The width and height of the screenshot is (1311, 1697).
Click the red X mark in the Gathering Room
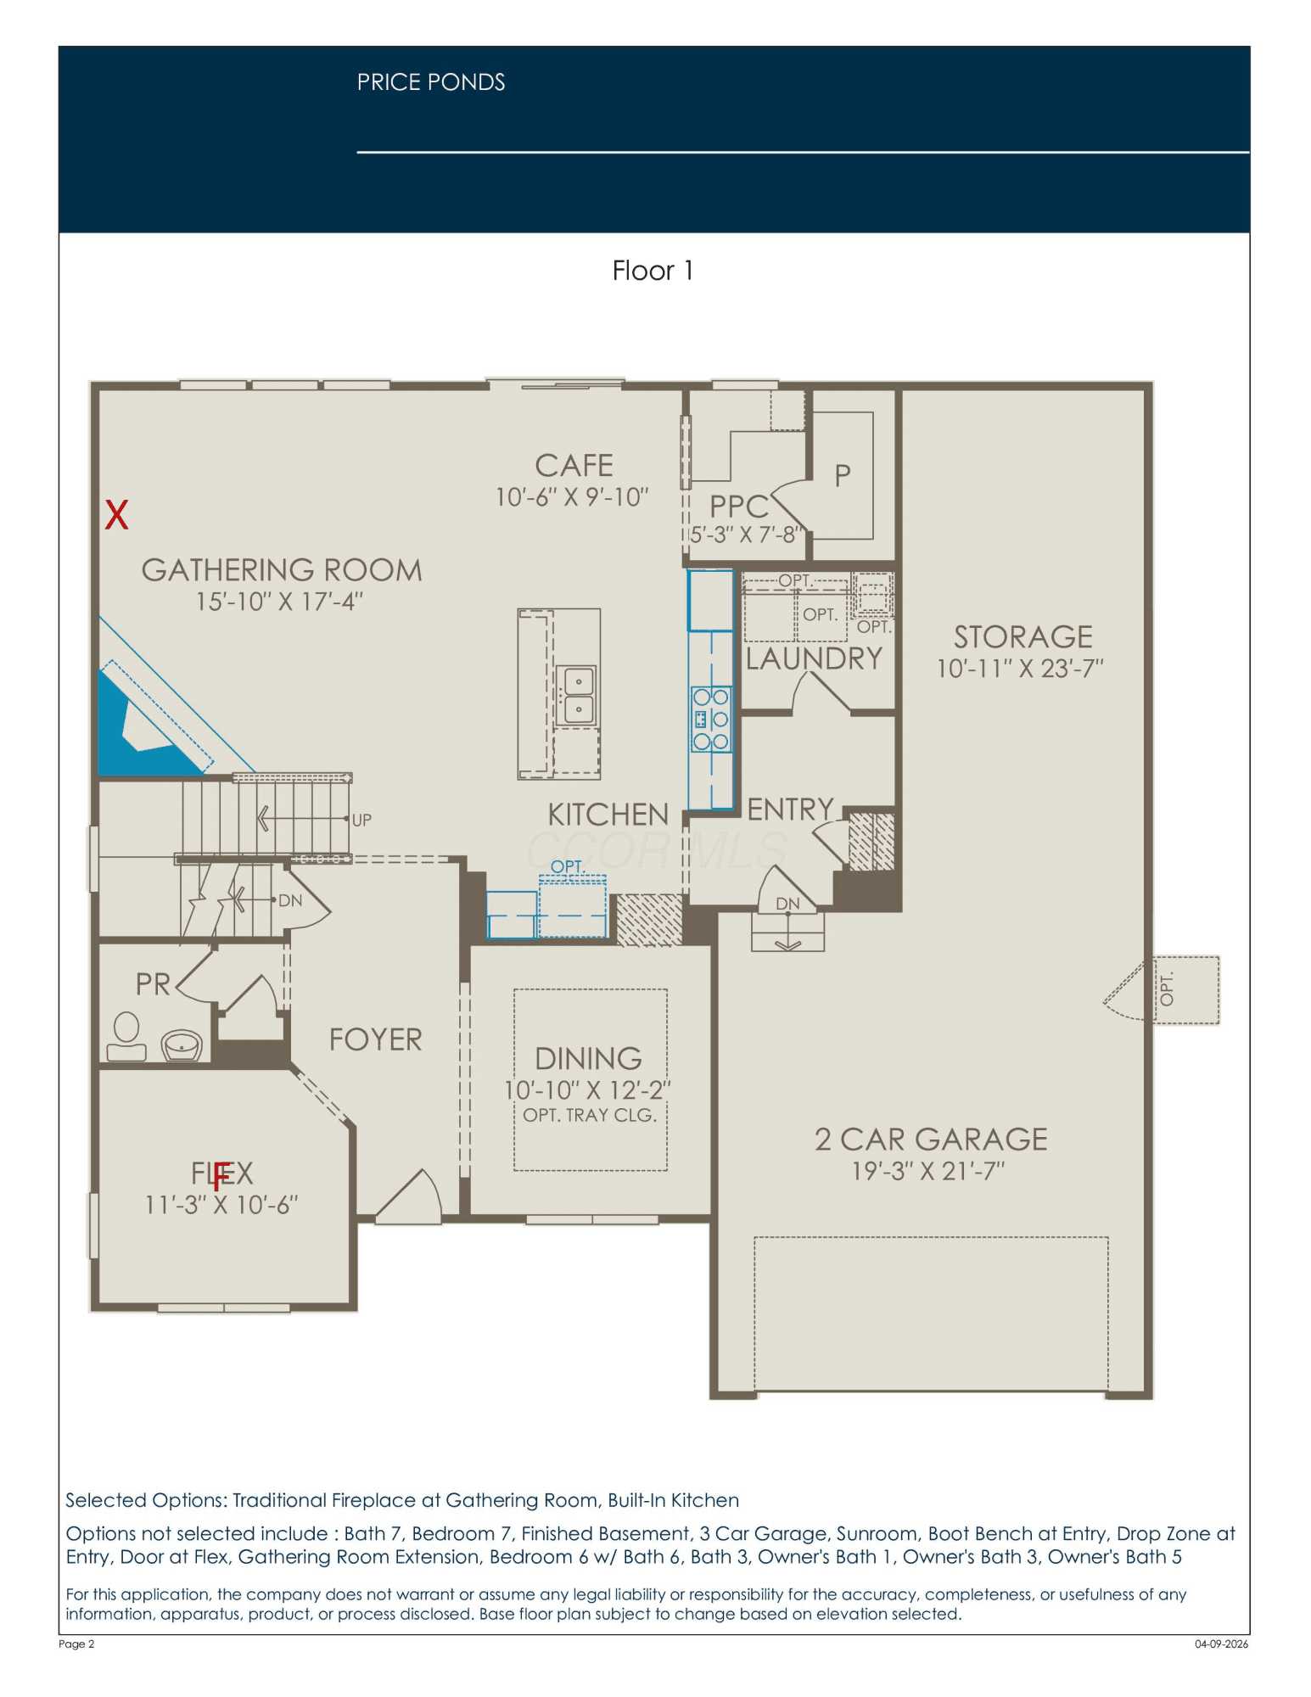[116, 514]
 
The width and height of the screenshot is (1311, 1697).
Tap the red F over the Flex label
[221, 1176]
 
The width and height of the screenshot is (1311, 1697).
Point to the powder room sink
[182, 1045]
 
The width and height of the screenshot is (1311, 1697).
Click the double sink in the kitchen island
[578, 695]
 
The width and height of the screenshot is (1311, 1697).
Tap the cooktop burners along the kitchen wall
[711, 720]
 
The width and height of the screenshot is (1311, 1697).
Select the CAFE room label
[574, 465]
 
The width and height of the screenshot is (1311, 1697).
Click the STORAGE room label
[1022, 636]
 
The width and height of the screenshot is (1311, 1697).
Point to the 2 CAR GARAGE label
[931, 1139]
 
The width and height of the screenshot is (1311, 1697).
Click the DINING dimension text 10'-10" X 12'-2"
[588, 1089]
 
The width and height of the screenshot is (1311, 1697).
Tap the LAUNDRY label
[814, 658]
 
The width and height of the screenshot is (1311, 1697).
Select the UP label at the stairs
[361, 820]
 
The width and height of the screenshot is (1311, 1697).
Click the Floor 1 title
[653, 270]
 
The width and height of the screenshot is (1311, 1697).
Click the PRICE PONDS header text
[431, 82]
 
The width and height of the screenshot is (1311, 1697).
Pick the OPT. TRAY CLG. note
[590, 1115]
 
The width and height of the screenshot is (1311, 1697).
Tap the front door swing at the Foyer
[409, 1196]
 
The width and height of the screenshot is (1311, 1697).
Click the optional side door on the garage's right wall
[1129, 989]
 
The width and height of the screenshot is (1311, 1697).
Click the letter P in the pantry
[842, 475]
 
